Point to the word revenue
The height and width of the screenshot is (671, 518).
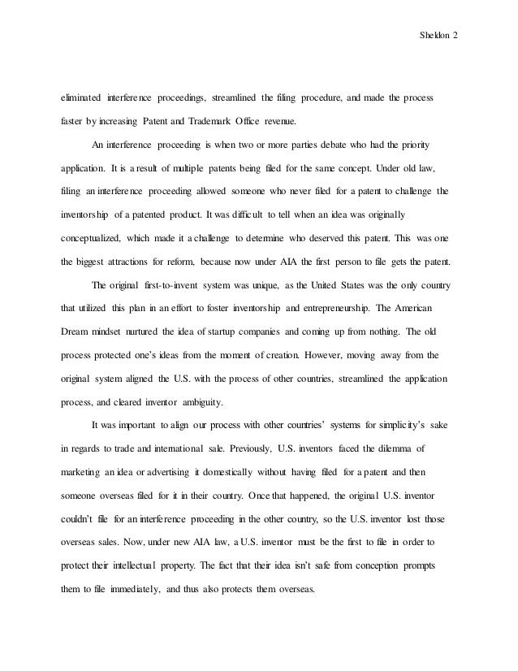tap(302, 122)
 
